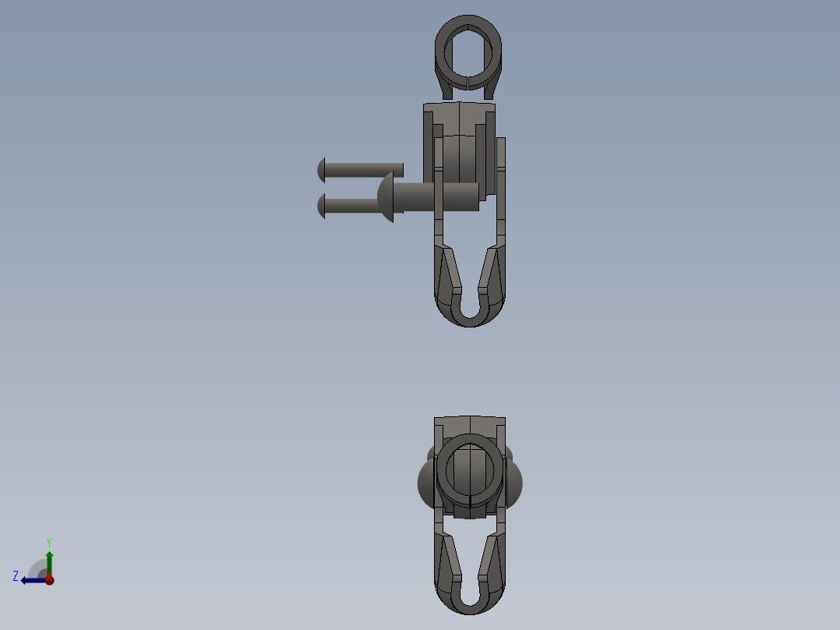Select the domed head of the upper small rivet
pyautogui.click(x=321, y=168)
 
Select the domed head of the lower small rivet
pyautogui.click(x=321, y=206)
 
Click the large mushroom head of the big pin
pyautogui.click(x=385, y=197)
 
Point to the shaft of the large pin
pyautogui.click(x=436, y=196)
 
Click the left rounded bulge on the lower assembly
pyautogui.click(x=425, y=482)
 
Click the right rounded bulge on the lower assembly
pyautogui.click(x=515, y=482)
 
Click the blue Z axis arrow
pyautogui.click(x=31, y=580)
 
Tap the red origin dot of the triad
pyautogui.click(x=49, y=580)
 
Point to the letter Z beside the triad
pyautogui.click(x=16, y=575)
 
